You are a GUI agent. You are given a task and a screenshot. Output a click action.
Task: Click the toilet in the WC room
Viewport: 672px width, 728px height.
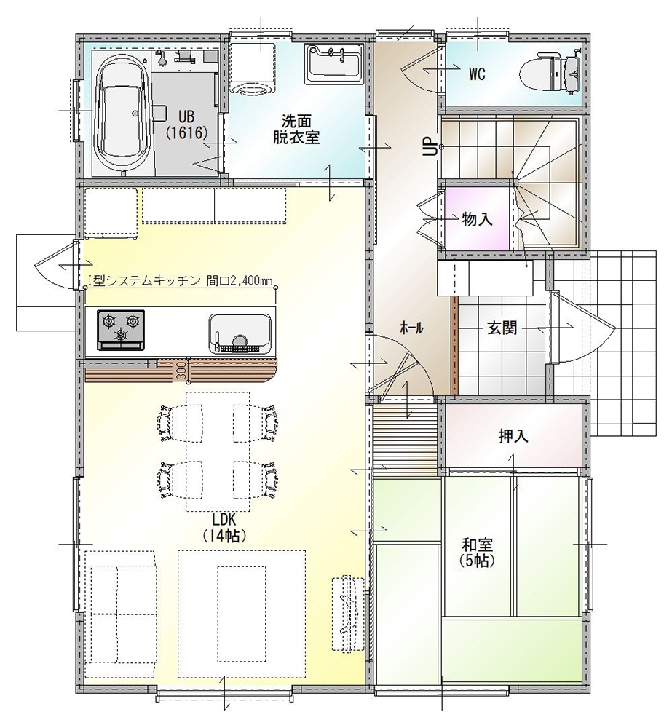550,73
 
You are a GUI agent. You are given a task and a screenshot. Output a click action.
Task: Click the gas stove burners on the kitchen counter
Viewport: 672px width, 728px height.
121,330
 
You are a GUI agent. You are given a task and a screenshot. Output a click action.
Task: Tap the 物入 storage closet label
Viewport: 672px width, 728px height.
477,219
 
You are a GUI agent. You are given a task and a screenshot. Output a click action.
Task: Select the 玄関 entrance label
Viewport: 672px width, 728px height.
502,328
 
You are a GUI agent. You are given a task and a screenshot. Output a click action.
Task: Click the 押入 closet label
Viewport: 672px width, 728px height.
513,436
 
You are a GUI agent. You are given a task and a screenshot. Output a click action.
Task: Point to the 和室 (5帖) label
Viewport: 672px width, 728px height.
477,552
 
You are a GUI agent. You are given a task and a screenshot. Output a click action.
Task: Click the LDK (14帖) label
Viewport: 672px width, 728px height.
224,528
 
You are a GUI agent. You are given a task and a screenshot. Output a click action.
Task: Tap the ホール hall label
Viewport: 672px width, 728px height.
411,328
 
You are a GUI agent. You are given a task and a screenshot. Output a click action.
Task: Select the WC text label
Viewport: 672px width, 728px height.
477,74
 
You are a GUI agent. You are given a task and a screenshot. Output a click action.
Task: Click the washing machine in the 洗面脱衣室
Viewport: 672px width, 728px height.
253,68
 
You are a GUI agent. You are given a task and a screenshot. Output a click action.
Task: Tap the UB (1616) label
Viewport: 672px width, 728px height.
186,124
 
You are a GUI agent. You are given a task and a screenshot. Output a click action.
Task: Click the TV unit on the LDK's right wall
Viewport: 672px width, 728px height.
348,614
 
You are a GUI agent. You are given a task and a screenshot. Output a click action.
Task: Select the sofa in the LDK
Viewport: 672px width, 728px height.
122,614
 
